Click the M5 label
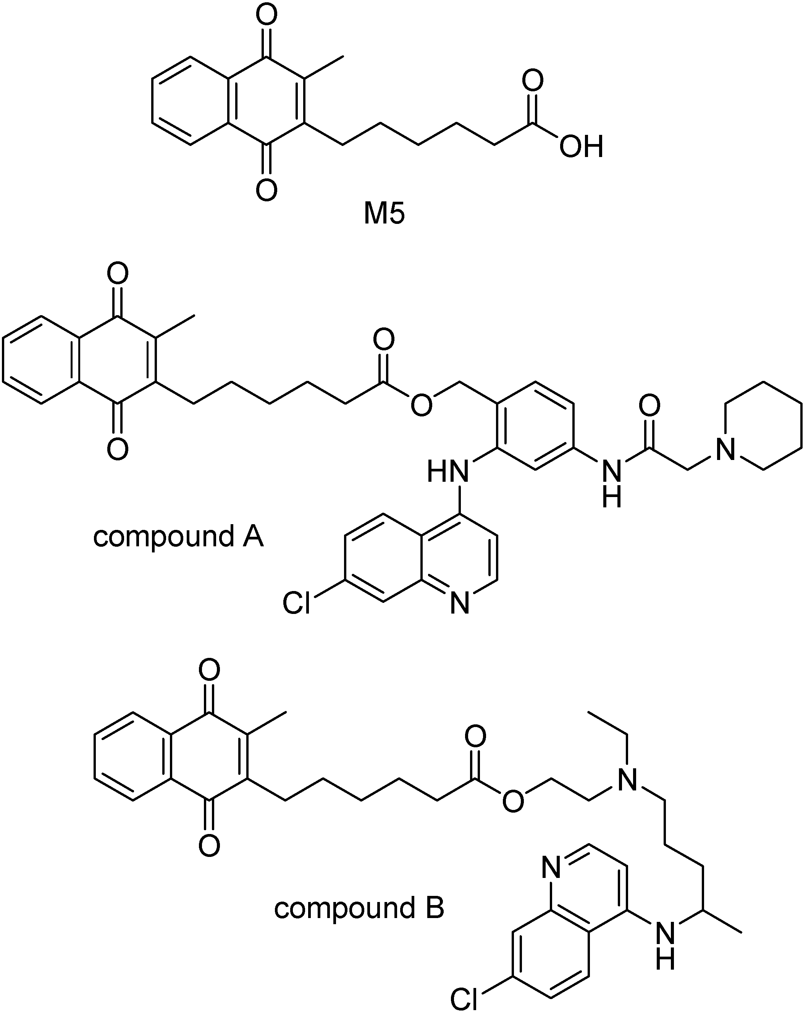[384, 214]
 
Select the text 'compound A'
[178, 537]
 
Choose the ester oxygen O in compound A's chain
[421, 404]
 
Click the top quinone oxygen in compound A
[117, 273]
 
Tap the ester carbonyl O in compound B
[475, 736]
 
